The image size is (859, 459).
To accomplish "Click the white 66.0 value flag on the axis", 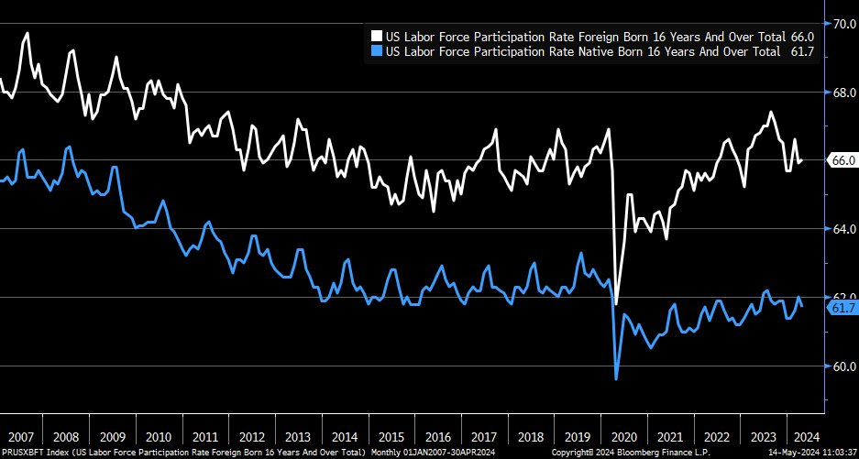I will click(842, 160).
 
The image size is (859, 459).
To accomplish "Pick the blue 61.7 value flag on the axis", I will click(842, 308).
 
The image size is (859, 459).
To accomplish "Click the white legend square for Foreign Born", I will click(376, 35).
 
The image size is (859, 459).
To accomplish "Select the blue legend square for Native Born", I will click(376, 52).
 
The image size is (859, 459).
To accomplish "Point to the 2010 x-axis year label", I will click(157, 436).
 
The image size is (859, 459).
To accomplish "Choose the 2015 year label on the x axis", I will click(391, 436).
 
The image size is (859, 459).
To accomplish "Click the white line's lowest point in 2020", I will click(616, 303).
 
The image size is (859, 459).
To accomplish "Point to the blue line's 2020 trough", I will click(616, 378).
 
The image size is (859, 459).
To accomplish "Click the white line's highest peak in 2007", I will click(28, 33).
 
